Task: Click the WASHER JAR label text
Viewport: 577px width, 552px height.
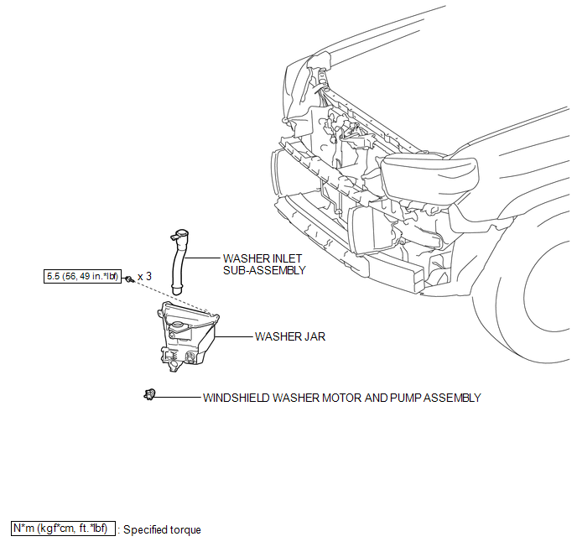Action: coord(290,336)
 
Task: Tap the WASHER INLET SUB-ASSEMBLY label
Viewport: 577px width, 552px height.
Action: coord(264,264)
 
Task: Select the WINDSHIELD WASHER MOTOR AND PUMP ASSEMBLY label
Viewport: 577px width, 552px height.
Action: coord(342,398)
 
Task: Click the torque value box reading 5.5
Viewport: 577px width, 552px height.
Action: coord(82,276)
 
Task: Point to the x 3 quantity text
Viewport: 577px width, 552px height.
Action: coord(144,276)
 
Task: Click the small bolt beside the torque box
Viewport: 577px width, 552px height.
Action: coord(128,279)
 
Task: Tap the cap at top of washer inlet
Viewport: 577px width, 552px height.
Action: coord(180,234)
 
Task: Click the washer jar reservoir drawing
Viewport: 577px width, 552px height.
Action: coord(187,336)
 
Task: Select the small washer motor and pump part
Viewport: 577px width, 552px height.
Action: coord(149,395)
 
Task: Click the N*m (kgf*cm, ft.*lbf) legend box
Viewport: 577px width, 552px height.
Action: coord(63,529)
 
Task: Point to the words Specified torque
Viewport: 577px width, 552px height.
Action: coord(162,529)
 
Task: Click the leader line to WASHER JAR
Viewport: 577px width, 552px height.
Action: coord(234,336)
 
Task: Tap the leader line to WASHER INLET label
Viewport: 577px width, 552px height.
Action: coord(202,258)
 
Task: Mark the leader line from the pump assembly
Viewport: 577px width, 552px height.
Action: coord(177,397)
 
